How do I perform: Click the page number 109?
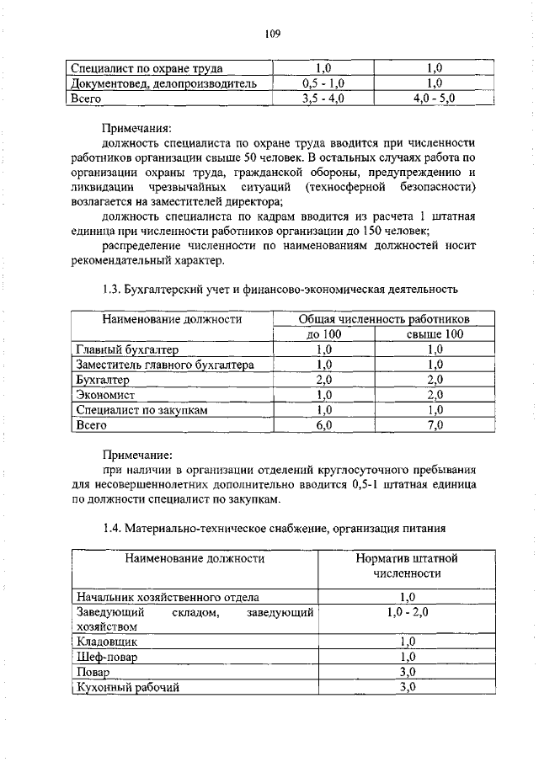pyautogui.click(x=271, y=34)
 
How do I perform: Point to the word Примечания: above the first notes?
pyautogui.click(x=136, y=130)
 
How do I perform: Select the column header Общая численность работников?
pyautogui.click(x=383, y=320)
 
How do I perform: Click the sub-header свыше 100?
pyautogui.click(x=434, y=334)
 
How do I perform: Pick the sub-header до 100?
pyautogui.click(x=323, y=334)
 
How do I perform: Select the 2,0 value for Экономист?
pyautogui.click(x=434, y=395)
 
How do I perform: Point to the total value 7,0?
pyautogui.click(x=434, y=425)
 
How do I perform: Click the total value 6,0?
pyautogui.click(x=323, y=425)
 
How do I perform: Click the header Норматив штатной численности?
pyautogui.click(x=407, y=566)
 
